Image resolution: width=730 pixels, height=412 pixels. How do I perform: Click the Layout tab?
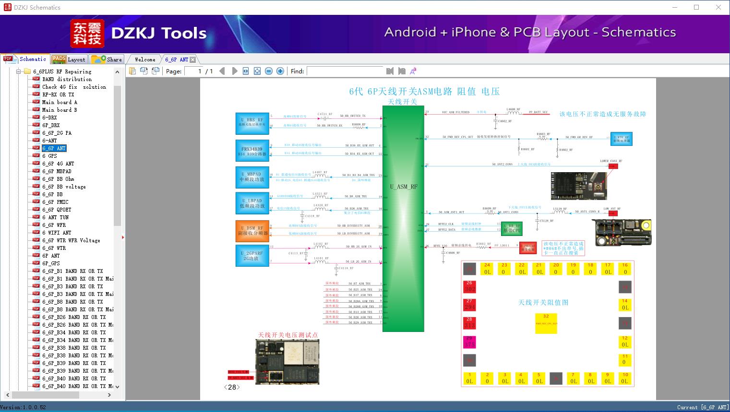click(69, 59)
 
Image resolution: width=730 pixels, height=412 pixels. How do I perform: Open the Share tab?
click(107, 59)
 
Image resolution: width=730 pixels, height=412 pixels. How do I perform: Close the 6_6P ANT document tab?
click(193, 59)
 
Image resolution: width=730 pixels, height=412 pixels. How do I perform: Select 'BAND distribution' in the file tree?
click(66, 79)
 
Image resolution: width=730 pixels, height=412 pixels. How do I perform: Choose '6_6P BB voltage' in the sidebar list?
click(63, 187)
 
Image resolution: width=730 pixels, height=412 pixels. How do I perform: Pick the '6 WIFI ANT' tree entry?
click(56, 233)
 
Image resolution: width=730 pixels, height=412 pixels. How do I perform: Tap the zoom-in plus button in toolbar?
click(280, 71)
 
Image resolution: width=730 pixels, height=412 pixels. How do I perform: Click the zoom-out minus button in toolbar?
click(269, 71)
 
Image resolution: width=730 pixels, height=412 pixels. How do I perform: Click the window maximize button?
click(696, 7)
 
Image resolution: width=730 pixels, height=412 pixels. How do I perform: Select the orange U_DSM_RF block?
click(252, 230)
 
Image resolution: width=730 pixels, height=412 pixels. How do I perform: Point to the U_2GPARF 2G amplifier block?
click(252, 255)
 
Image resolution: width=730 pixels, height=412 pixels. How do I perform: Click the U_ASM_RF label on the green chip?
click(403, 187)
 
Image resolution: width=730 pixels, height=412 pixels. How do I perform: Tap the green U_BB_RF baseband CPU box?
click(512, 228)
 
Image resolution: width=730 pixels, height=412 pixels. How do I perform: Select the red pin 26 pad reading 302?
click(470, 286)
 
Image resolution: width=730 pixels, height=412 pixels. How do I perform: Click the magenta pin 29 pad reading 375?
click(470, 341)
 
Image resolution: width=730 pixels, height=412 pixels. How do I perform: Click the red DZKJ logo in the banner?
click(87, 34)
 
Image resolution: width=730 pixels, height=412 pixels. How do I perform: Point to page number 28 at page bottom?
click(232, 387)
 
